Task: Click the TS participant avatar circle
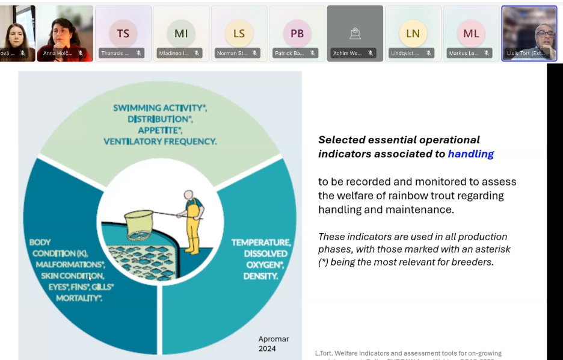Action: point(123,34)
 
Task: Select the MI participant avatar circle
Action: point(181,34)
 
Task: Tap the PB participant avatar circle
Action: point(297,34)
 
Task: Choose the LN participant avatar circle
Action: point(413,34)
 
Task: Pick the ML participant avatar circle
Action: point(471,34)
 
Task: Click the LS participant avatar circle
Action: point(239,34)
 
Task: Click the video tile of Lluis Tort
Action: point(529,33)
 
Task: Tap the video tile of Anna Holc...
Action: point(65,33)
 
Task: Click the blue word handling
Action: point(471,154)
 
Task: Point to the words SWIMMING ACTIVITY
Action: point(159,108)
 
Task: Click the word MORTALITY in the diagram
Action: point(78,298)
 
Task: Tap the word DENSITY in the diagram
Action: point(260,276)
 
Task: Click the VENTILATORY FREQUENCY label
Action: point(160,141)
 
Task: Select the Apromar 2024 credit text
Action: point(274,343)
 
